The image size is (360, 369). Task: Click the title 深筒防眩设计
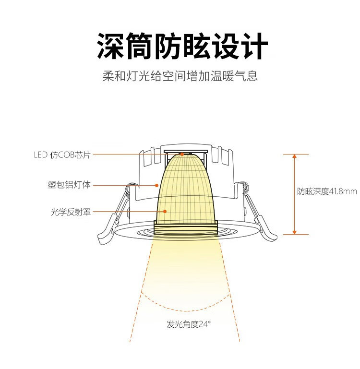point(182,46)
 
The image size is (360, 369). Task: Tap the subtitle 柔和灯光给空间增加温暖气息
point(180,76)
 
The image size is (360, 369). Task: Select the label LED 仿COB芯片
point(62,155)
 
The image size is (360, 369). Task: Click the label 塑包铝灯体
point(69,185)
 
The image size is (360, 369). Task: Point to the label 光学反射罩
point(71,212)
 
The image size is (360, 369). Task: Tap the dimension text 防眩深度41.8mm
point(327,191)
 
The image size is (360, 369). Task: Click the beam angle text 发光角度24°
point(189,324)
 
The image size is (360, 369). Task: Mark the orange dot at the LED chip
point(182,155)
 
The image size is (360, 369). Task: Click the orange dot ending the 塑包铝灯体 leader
point(156,185)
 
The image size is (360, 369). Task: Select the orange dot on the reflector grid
point(165,211)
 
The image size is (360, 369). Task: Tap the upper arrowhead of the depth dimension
point(294,156)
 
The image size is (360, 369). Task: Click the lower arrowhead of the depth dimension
point(294,233)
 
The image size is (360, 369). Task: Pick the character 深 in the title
point(110,46)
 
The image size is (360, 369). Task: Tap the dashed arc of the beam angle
point(186,311)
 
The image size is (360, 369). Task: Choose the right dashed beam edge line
point(229,292)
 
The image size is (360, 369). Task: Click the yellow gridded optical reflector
point(186,193)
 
